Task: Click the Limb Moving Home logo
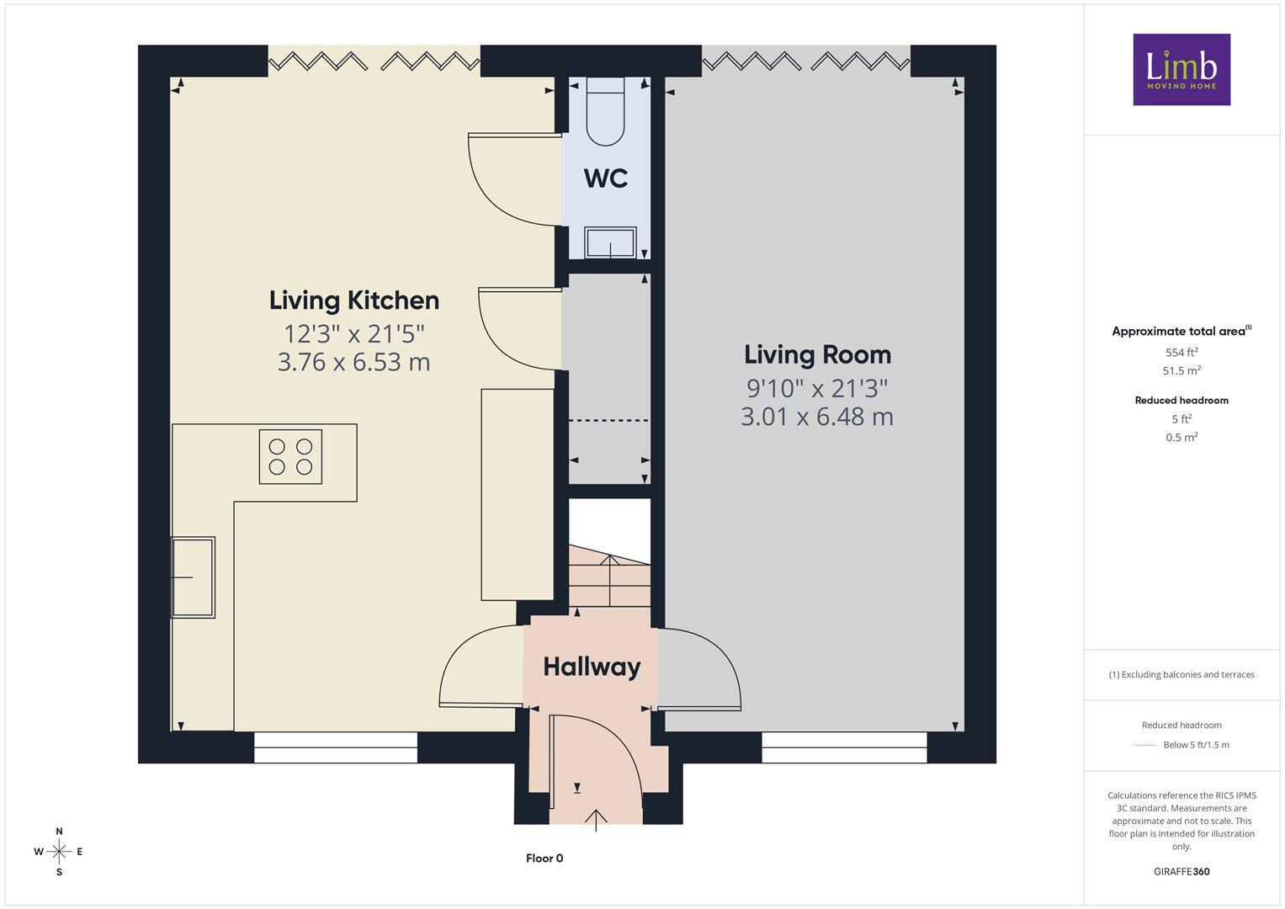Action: coord(1181,69)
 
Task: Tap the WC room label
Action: coord(606,178)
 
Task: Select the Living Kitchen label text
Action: coord(354,301)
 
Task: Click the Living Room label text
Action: coord(817,355)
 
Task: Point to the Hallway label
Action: coord(592,667)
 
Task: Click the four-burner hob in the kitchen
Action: coord(290,457)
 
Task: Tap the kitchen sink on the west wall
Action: coord(194,577)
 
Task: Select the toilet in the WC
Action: coord(605,111)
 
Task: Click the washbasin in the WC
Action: coord(610,242)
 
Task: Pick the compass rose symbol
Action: coord(59,852)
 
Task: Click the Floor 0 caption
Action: coord(544,858)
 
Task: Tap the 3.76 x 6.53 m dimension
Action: coord(354,362)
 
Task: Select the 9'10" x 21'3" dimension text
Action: coord(817,389)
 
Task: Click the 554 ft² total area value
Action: coord(1181,353)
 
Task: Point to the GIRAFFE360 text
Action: coord(1181,871)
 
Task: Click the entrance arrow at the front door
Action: coord(596,820)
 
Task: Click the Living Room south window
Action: coord(844,747)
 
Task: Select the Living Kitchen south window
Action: coord(336,747)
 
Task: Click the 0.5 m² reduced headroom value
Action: coord(1181,438)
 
